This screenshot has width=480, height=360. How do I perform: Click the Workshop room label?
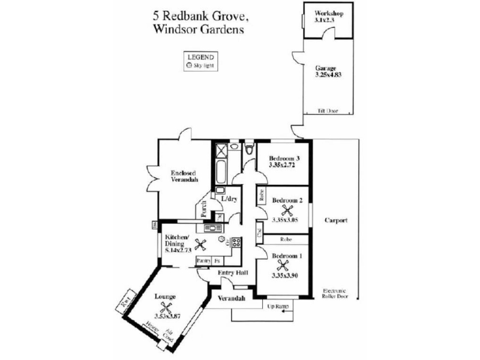tap(329, 13)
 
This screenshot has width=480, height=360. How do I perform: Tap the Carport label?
tap(336, 220)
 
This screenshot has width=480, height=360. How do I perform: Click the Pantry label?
tap(203, 261)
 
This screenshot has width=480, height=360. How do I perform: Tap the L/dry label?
tap(229, 199)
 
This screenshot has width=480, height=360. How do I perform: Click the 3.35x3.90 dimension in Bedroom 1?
tap(284, 276)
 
